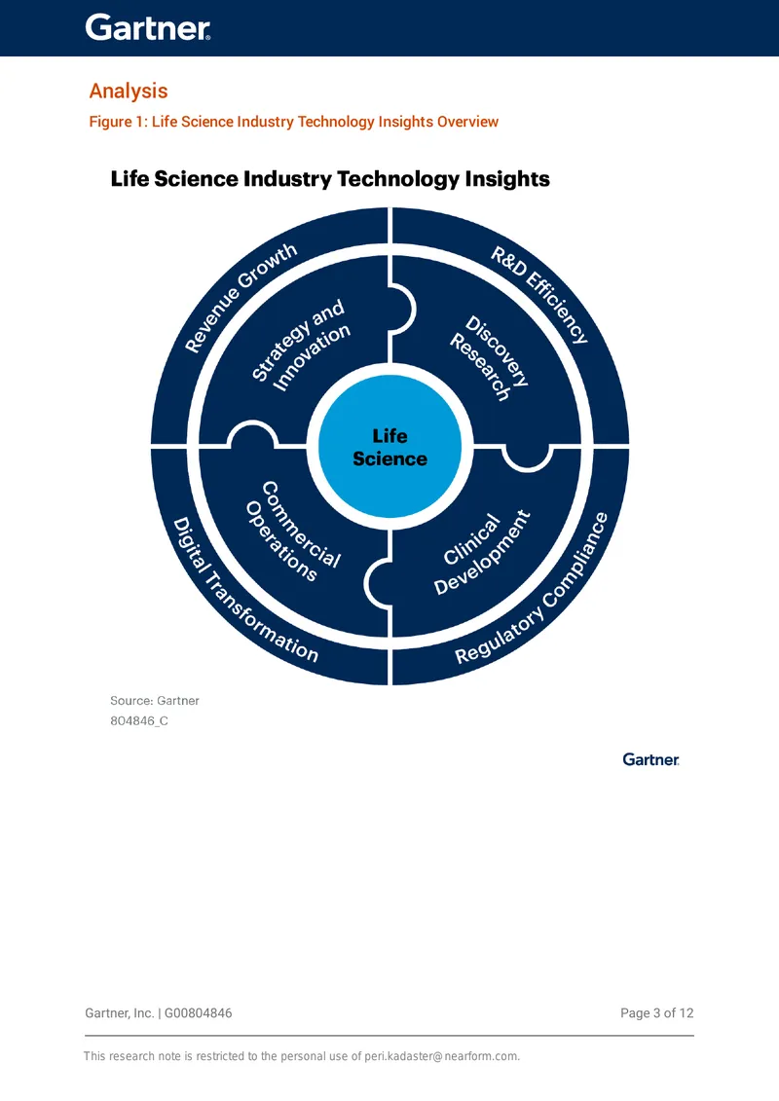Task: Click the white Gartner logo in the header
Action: tap(147, 27)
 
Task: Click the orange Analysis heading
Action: tap(129, 92)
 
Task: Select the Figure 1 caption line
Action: tap(294, 122)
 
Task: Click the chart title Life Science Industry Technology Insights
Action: tap(330, 179)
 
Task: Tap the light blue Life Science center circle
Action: tap(389, 447)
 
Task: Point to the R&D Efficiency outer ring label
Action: tap(539, 294)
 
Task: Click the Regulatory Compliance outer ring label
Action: tap(532, 588)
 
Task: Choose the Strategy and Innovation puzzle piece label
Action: tap(300, 345)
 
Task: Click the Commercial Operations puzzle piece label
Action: tap(293, 532)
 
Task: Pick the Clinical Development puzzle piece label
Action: tap(482, 553)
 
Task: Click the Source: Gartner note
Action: tap(155, 701)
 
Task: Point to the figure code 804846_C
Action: tap(139, 721)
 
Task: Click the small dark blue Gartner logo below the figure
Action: tap(651, 759)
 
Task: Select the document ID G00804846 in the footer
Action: tap(198, 1013)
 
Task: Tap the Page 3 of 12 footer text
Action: tap(656, 1013)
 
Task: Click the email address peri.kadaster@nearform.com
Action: tap(440, 1056)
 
